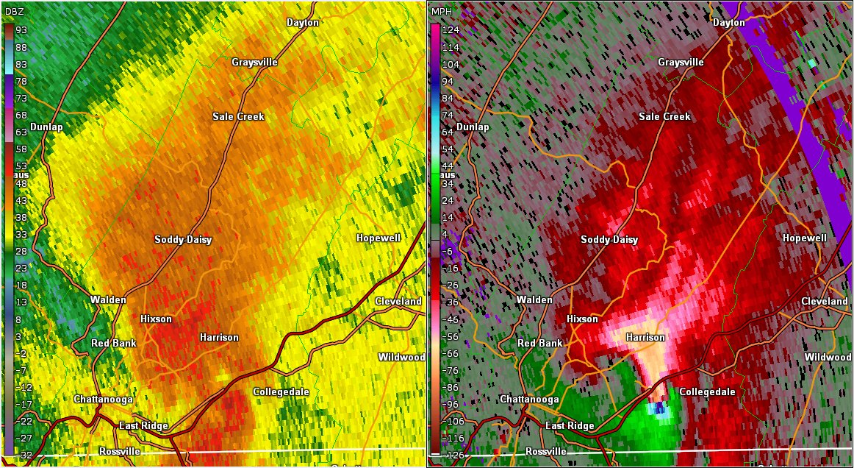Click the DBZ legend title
pyautogui.click(x=15, y=11)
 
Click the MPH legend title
pyautogui.click(x=442, y=11)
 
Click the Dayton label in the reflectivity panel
pyautogui.click(x=303, y=22)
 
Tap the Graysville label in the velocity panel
pyautogui.click(x=681, y=63)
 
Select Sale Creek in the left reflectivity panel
pyautogui.click(x=238, y=116)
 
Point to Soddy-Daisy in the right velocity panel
pyautogui.click(x=609, y=240)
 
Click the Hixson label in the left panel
pyautogui.click(x=156, y=319)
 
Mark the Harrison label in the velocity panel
pyautogui.click(x=645, y=338)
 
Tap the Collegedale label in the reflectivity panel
pyautogui.click(x=281, y=392)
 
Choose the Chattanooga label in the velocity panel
pyautogui.click(x=530, y=399)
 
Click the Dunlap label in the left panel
pyautogui.click(x=46, y=127)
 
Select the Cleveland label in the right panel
pyautogui.click(x=825, y=302)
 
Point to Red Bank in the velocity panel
pyautogui.click(x=540, y=344)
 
